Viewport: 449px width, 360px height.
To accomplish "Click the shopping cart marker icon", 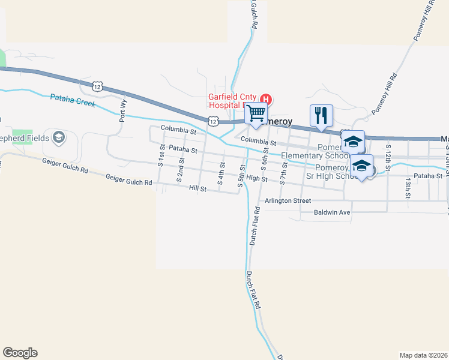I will (x=257, y=113).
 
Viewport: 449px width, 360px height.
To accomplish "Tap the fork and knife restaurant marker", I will (x=321, y=115).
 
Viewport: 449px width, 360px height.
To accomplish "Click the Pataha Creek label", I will (x=73, y=100).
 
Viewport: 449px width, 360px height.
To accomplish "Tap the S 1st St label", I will (x=162, y=154).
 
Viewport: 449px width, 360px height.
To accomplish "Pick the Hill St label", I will (x=197, y=188).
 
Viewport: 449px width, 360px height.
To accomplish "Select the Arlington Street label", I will (x=288, y=200).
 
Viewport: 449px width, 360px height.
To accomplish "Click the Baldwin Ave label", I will (x=331, y=212).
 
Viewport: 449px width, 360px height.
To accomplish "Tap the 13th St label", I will (x=408, y=187).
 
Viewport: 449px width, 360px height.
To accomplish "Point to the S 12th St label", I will (x=388, y=155).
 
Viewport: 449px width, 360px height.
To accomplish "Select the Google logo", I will (x=20, y=353).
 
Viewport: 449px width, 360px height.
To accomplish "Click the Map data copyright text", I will (x=424, y=355).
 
